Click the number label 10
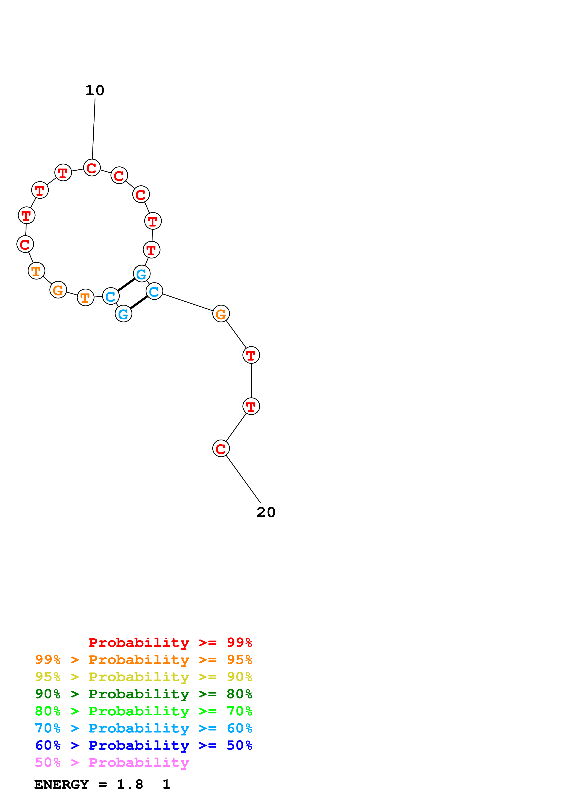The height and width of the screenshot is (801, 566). (x=95, y=91)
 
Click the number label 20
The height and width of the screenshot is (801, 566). (x=266, y=512)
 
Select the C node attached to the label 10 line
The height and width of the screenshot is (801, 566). (x=92, y=168)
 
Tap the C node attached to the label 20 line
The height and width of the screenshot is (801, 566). (x=221, y=449)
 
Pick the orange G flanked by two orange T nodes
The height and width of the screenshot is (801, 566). (x=58, y=290)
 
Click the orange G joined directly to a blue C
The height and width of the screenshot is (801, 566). (x=221, y=314)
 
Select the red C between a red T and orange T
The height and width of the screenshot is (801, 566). (x=25, y=244)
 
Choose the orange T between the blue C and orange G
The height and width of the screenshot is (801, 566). (x=85, y=298)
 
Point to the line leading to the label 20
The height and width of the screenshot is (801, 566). (x=243, y=479)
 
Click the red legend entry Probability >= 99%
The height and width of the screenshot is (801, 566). (x=170, y=642)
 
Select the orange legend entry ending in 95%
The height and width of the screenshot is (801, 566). (x=143, y=660)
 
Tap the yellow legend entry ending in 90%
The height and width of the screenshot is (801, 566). (x=143, y=677)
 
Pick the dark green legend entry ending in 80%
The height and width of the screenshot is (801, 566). (x=143, y=694)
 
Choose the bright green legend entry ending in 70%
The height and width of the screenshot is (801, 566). (x=143, y=711)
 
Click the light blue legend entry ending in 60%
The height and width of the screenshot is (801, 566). (x=143, y=728)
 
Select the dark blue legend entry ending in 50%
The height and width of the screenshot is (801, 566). (x=143, y=745)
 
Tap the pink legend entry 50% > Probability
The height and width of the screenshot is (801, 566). (x=112, y=762)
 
